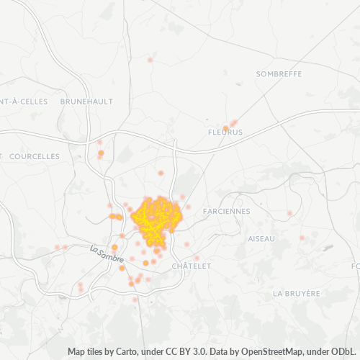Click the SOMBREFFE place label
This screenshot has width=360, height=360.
279,73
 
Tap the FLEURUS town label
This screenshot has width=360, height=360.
225,133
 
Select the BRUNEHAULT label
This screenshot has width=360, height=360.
86,102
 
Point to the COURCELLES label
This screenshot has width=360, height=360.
35,156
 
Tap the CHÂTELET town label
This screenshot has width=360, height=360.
192,266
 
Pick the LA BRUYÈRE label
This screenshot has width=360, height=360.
296,293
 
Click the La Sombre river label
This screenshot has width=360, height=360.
107,253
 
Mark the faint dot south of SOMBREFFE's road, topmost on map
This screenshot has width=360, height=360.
150,60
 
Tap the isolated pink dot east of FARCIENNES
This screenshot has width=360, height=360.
290,213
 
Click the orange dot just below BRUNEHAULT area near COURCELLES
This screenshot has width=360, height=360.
101,153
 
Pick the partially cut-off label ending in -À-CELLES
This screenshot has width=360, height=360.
24,102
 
